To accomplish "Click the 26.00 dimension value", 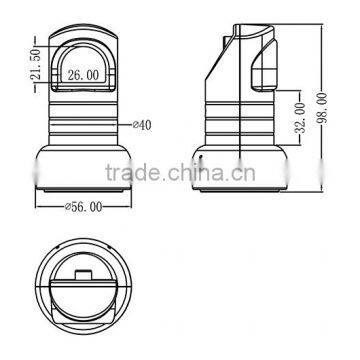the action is pos(83,75).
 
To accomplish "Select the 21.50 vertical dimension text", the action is pos(35,64).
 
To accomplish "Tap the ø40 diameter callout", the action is pos(142,125).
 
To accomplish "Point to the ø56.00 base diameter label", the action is pos(83,207).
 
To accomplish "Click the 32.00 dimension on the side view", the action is pos(300,118).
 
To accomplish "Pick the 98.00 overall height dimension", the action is pos(322,108).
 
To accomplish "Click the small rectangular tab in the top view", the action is pos(83,275).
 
